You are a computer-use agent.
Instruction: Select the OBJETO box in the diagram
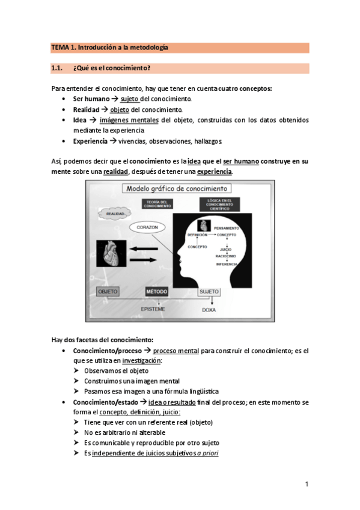click(x=108, y=292)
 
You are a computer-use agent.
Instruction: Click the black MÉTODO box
click(x=156, y=292)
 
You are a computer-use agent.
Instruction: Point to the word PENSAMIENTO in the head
click(x=226, y=229)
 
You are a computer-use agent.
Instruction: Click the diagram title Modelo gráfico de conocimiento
click(x=168, y=188)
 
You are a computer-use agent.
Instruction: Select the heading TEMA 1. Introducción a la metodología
click(x=109, y=47)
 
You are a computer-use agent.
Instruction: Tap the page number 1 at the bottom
click(x=307, y=484)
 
